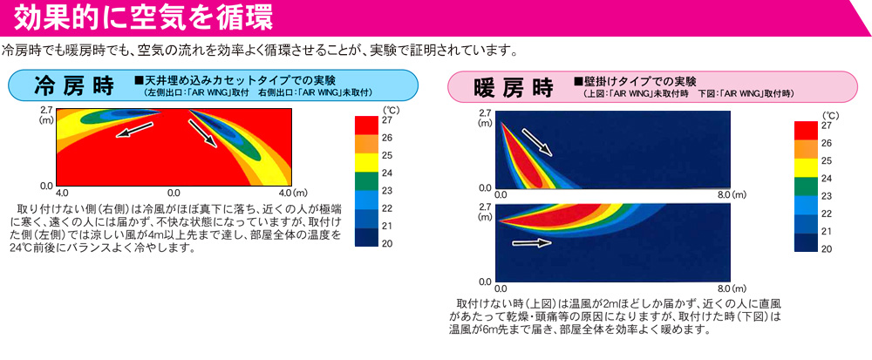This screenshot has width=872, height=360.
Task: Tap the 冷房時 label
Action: click(x=73, y=86)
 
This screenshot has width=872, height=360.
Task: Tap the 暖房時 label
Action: click(x=514, y=87)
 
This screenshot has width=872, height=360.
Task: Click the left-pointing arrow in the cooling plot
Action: click(x=133, y=130)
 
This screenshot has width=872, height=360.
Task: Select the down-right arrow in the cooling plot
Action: click(x=202, y=133)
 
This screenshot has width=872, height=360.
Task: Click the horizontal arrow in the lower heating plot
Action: click(x=532, y=243)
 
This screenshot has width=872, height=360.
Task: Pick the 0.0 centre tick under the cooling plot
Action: click(x=174, y=194)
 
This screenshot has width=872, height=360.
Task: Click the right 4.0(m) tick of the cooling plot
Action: click(x=293, y=194)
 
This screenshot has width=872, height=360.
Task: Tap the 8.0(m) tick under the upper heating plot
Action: click(x=733, y=195)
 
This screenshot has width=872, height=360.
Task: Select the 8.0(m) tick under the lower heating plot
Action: click(x=733, y=289)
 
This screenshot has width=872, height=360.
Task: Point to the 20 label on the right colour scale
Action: click(x=827, y=249)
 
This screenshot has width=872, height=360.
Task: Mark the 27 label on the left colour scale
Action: click(x=388, y=119)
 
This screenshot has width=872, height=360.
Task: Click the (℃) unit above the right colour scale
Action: click(x=827, y=115)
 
